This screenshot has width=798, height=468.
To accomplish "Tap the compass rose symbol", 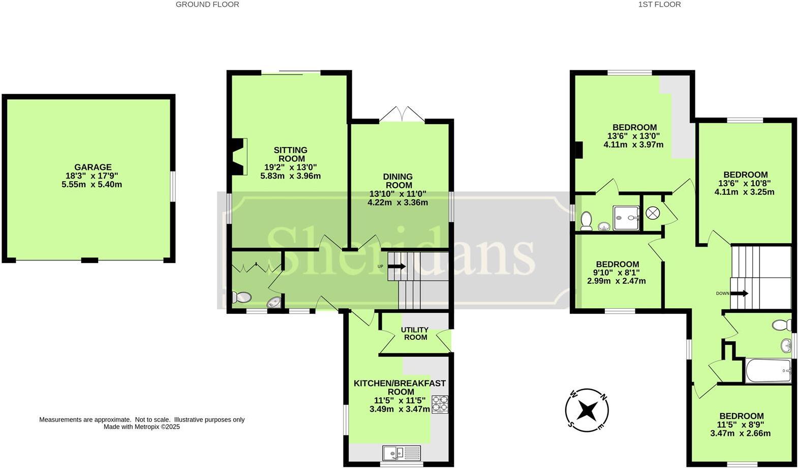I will coord(587,409).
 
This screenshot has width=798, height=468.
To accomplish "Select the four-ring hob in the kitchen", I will coord(440,404).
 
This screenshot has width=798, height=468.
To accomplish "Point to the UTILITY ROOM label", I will coord(415,334).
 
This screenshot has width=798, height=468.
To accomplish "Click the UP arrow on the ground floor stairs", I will coord(396,266).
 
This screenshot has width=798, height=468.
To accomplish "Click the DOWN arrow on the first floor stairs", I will coord(739,294).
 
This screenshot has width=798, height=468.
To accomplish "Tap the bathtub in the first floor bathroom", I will coord(768,371).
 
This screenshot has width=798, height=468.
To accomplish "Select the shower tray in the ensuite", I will coord(626,218).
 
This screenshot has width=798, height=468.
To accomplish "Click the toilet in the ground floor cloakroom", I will coord(241,297).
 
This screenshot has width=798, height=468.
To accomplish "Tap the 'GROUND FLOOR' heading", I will coord(207,5).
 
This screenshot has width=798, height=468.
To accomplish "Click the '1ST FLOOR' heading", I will coord(659,5).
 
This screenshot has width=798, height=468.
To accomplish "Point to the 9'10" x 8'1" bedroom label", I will coord(617,273).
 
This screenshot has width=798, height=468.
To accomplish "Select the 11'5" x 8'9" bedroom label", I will coord(740,425).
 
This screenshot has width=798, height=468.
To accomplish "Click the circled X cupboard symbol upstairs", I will coord(652,213).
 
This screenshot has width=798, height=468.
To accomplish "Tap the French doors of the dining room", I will coord(402,114).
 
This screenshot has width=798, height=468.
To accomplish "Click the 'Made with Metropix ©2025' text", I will coord(142,427).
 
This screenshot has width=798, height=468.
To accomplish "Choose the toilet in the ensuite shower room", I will coord(586,221).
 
